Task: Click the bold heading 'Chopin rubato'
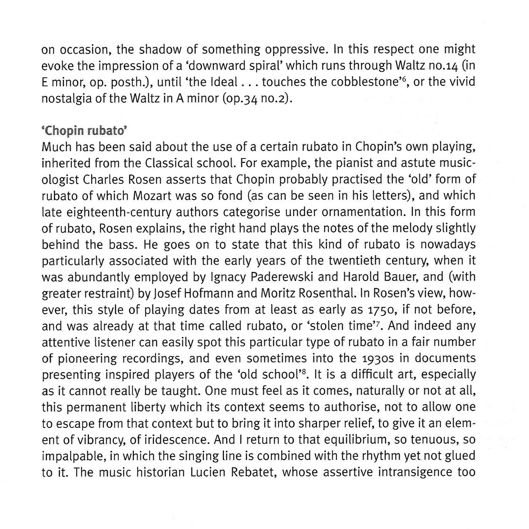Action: point(84,131)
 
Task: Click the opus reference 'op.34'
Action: point(240,99)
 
